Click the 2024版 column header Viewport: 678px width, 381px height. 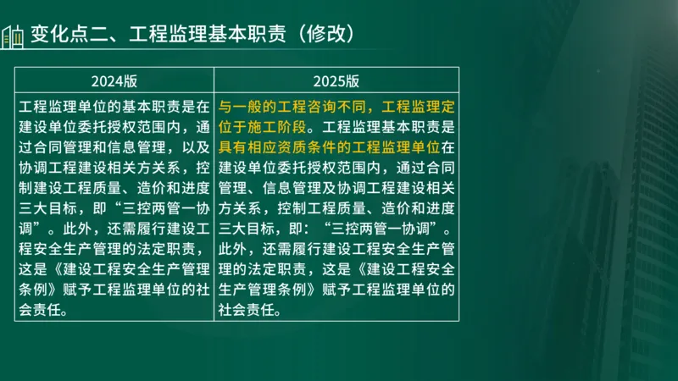pyautogui.click(x=114, y=81)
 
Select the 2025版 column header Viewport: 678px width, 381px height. pyautogui.click(x=336, y=81)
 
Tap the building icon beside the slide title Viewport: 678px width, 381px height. pyautogui.click(x=12, y=37)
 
